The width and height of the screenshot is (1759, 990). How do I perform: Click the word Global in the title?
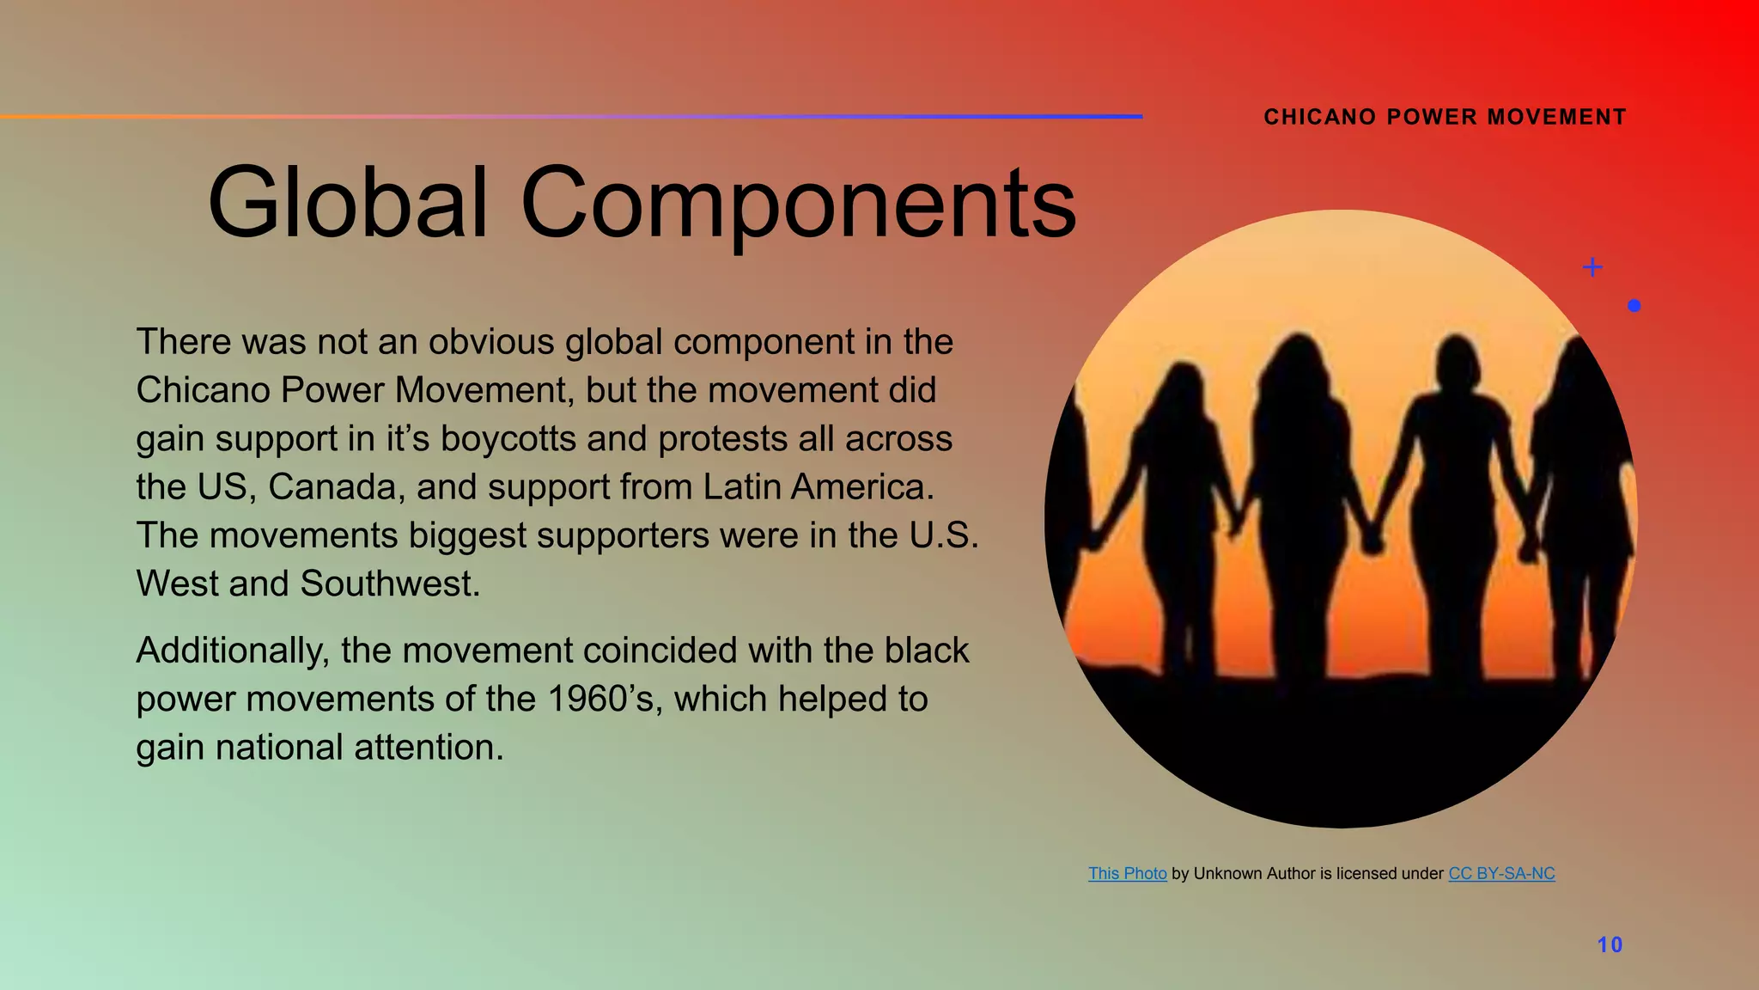348,203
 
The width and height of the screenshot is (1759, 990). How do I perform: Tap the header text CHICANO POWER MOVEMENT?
1445,117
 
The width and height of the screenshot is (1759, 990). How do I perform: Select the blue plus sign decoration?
1592,267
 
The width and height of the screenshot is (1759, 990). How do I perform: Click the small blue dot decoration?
1634,305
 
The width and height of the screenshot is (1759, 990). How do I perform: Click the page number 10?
1610,944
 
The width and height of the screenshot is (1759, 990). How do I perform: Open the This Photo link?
1127,873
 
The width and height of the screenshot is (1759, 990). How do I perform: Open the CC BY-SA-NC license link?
1501,873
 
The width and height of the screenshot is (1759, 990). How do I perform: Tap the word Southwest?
390,584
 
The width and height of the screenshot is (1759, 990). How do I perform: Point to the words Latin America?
818,487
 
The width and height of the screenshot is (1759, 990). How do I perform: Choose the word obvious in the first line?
491,342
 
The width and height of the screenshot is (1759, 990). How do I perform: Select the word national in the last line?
278,747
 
